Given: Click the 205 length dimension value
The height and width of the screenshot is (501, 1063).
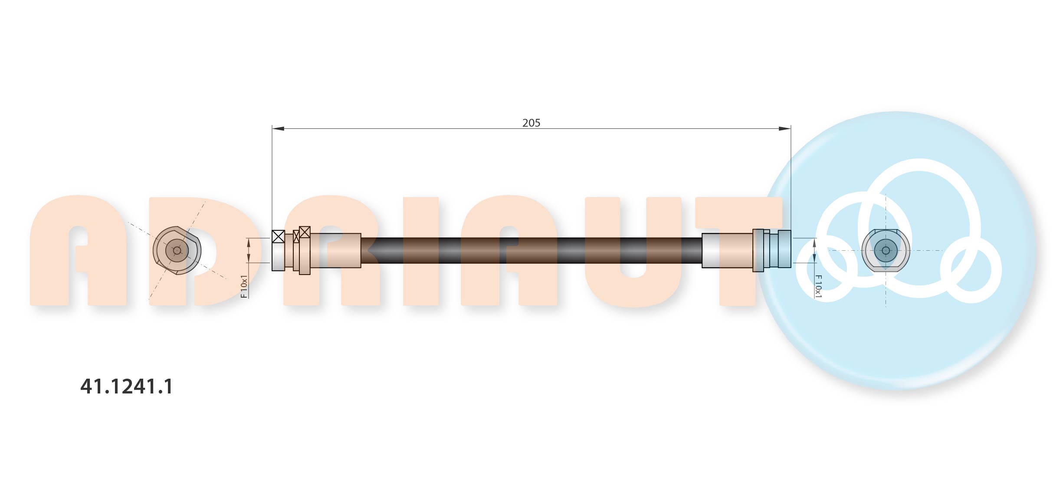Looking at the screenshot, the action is [x=531, y=123].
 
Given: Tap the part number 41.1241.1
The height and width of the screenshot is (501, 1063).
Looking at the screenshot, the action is [x=126, y=386].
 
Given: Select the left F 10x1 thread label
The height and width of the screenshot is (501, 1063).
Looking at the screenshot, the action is [x=244, y=286].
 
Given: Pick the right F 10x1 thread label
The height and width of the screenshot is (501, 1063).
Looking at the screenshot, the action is [x=818, y=286].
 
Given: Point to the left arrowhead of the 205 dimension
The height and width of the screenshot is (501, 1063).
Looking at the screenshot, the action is [x=278, y=128].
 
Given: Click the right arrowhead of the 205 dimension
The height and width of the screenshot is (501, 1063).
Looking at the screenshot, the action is [x=784, y=128].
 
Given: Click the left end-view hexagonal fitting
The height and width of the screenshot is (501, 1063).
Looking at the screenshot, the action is [x=177, y=250].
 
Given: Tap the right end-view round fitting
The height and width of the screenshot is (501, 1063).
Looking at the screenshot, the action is [x=886, y=250].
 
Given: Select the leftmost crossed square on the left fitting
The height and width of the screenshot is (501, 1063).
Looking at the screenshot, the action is [x=278, y=236].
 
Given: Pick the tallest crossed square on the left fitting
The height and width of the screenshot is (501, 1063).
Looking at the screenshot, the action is [x=305, y=232].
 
